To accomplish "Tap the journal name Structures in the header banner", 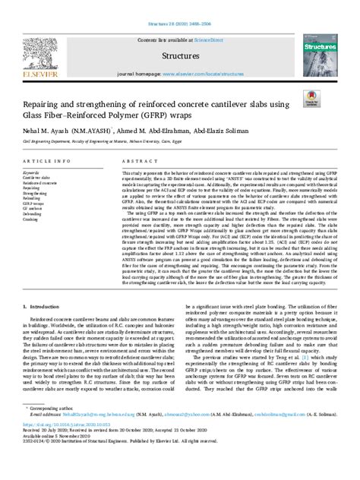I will pos(180,55).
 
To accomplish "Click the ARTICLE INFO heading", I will pos(41,162).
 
